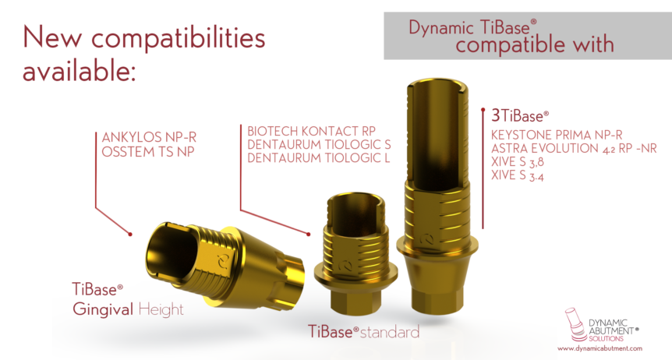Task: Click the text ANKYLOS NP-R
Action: tap(149, 138)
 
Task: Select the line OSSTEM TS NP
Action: tap(148, 152)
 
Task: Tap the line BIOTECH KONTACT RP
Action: tap(312, 131)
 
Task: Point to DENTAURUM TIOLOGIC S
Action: tap(319, 144)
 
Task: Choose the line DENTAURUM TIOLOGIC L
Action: tap(318, 157)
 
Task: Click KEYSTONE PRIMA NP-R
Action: tap(557, 135)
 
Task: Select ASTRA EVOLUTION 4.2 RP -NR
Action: tap(574, 148)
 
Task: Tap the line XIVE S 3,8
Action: tap(518, 162)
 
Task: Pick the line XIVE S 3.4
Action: tap(518, 175)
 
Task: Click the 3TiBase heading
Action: tap(520, 115)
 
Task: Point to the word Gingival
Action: tap(103, 309)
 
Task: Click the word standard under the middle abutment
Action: tap(390, 332)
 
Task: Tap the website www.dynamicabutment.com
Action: tap(599, 348)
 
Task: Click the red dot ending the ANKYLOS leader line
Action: tap(130, 235)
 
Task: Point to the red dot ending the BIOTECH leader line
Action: tap(309, 234)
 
